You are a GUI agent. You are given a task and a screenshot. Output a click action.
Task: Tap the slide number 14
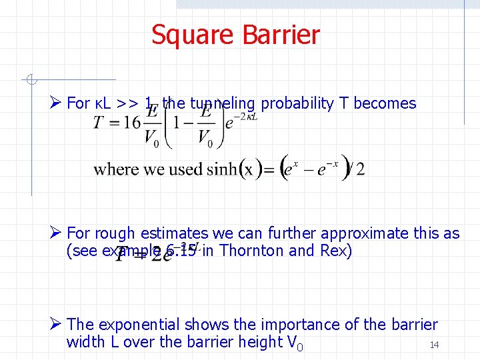(x=434, y=345)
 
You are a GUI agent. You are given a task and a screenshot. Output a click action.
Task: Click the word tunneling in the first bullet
(x=222, y=103)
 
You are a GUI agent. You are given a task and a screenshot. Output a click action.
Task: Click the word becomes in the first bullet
(x=385, y=103)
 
